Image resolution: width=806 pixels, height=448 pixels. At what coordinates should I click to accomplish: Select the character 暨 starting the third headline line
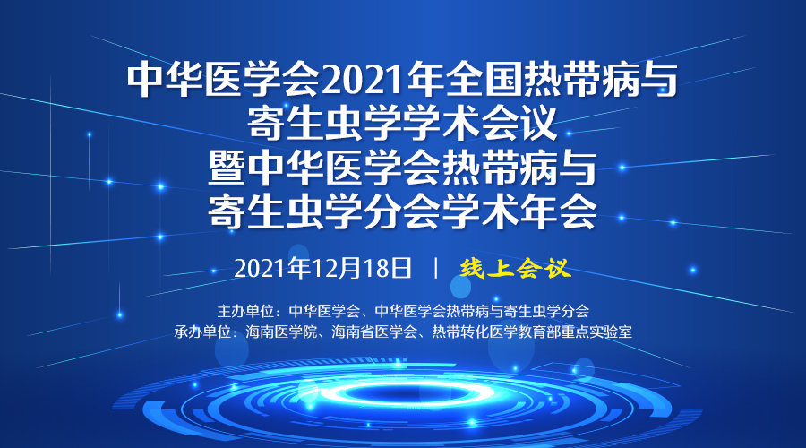[227, 168]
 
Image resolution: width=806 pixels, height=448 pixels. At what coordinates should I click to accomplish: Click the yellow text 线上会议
[516, 269]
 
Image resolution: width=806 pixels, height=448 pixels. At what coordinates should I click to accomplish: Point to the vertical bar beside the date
[436, 269]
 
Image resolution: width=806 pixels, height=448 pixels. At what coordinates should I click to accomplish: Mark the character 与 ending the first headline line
[659, 81]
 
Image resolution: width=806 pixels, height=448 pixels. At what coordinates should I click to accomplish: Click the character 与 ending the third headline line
[578, 168]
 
